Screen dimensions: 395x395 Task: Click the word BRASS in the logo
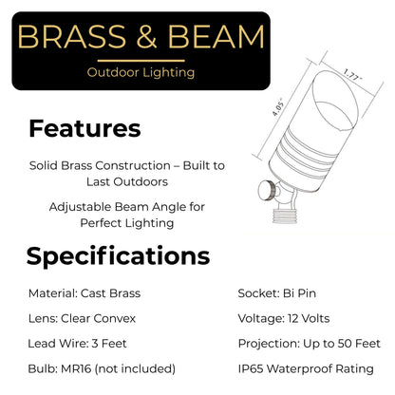[72, 38]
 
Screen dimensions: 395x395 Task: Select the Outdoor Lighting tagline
[140, 71]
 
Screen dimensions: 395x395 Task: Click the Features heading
[85, 128]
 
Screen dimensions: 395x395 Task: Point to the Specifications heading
[118, 255]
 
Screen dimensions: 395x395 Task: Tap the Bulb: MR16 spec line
[102, 367]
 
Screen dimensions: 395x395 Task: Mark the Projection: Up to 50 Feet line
[309, 343]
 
